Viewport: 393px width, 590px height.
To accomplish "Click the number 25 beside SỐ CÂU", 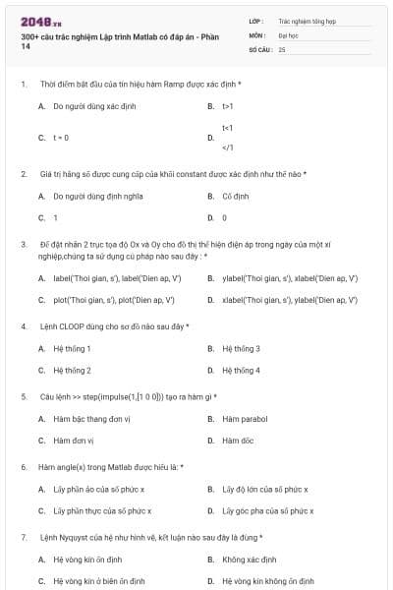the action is pyautogui.click(x=282, y=48).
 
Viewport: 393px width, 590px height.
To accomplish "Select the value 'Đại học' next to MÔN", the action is pyautogui.click(x=287, y=34).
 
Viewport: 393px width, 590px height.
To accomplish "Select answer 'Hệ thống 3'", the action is pyautogui.click(x=241, y=348).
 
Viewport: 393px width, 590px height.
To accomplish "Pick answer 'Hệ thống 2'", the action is pyautogui.click(x=72, y=371).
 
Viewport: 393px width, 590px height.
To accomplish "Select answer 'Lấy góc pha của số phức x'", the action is pyautogui.click(x=267, y=511).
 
